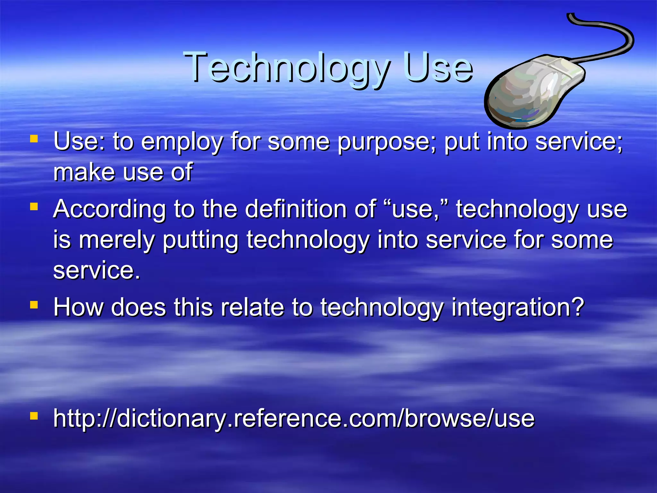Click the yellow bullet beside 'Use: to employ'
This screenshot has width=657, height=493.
pos(34,139)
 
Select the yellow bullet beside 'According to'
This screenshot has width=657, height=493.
pos(34,206)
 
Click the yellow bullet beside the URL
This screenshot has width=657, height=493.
pos(34,416)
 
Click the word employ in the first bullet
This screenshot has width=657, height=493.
pos(182,142)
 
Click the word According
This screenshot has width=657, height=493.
pos(109,209)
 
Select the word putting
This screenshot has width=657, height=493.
pos(201,240)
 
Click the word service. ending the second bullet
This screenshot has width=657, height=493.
pos(97,270)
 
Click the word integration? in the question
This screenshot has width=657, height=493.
pos(517,307)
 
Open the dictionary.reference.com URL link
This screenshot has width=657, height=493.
pos(294,419)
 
